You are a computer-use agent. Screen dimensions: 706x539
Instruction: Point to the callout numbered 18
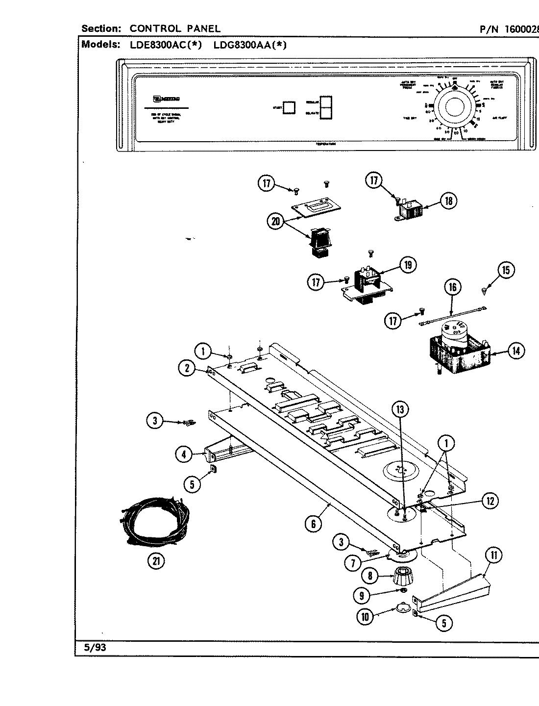tap(448, 200)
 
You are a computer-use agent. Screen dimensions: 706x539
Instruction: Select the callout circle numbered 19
tap(408, 265)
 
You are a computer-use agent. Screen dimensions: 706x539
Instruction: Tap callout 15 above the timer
tap(506, 270)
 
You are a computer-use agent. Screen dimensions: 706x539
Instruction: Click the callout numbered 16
tap(453, 287)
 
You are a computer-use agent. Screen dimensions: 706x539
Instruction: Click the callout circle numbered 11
tap(493, 555)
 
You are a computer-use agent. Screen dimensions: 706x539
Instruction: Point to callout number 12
tap(490, 501)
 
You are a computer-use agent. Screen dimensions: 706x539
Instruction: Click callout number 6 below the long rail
tap(313, 524)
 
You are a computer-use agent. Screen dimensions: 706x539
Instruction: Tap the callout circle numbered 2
tap(187, 368)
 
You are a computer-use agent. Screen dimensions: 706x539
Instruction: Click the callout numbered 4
tap(183, 454)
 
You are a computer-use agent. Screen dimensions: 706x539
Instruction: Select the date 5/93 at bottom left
tap(95, 647)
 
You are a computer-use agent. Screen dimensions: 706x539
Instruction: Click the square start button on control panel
tap(290, 107)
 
